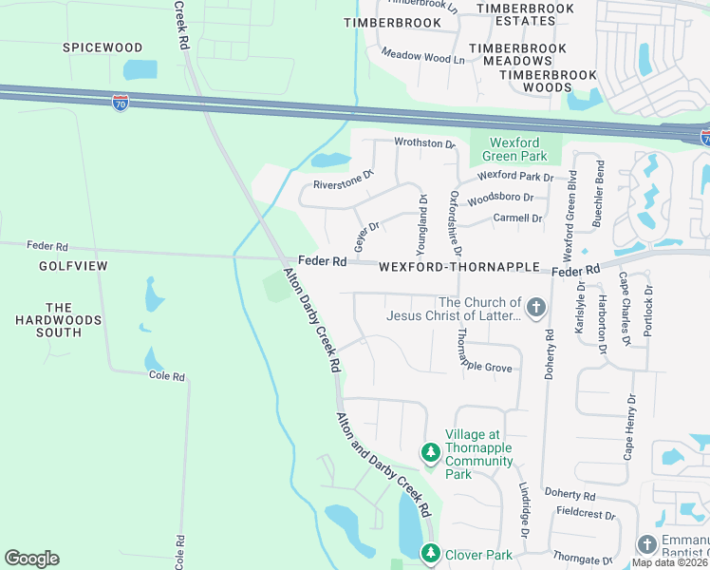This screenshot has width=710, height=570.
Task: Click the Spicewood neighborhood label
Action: pyautogui.click(x=103, y=47)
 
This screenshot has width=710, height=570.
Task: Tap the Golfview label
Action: pyautogui.click(x=73, y=267)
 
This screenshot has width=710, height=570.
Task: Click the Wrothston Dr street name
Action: pyautogui.click(x=425, y=143)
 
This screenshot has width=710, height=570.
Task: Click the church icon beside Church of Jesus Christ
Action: pyautogui.click(x=536, y=308)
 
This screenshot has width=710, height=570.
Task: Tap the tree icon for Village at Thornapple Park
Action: pyautogui.click(x=430, y=450)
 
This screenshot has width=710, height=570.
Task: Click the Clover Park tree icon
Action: pyautogui.click(x=430, y=553)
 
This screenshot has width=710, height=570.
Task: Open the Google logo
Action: pyautogui.click(x=31, y=559)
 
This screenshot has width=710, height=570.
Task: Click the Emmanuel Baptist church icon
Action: pyautogui.click(x=646, y=544)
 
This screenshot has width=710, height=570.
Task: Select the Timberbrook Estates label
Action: pyautogui.click(x=525, y=14)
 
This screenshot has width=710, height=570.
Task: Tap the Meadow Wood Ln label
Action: pyautogui.click(x=422, y=57)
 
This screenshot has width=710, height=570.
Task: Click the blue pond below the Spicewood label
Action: pyautogui.click(x=140, y=69)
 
